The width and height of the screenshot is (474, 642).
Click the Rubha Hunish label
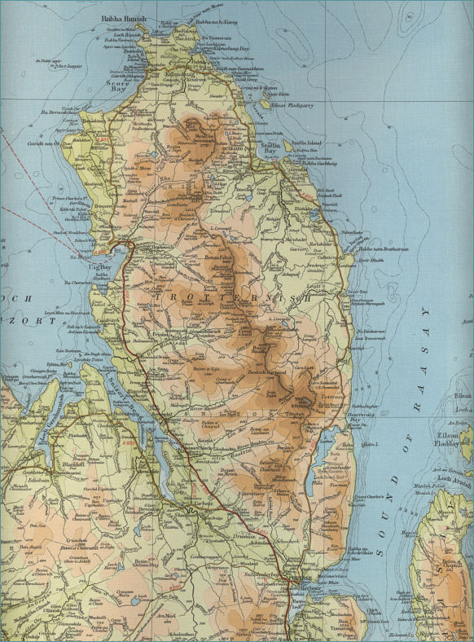coord(121,17)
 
